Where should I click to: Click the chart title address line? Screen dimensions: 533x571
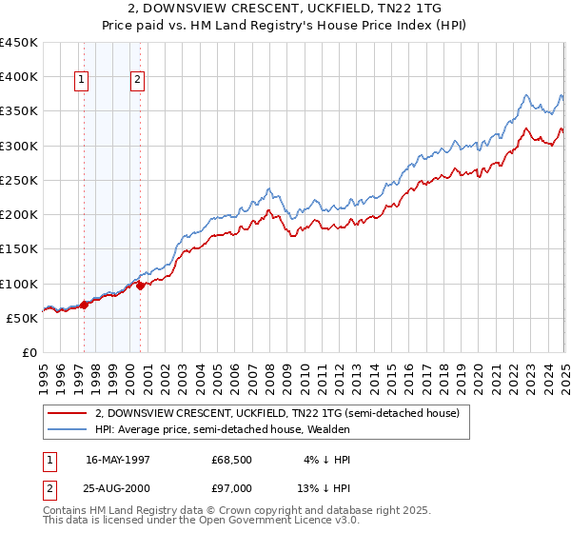[285, 10]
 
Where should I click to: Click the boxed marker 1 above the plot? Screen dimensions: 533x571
[83, 80]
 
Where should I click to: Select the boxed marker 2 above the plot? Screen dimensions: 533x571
[139, 80]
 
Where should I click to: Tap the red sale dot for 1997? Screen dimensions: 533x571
[84, 305]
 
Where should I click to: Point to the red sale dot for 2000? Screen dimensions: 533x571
[141, 285]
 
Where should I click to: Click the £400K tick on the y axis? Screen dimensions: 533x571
[19, 77]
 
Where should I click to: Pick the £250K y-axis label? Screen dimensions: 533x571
[19, 180]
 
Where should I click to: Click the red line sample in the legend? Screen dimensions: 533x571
[68, 413]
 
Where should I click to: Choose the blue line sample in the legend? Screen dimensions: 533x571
[68, 429]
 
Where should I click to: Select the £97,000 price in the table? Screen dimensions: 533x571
[231, 488]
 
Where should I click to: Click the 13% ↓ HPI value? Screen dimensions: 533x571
[324, 488]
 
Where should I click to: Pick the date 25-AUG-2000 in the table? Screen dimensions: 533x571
[115, 488]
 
